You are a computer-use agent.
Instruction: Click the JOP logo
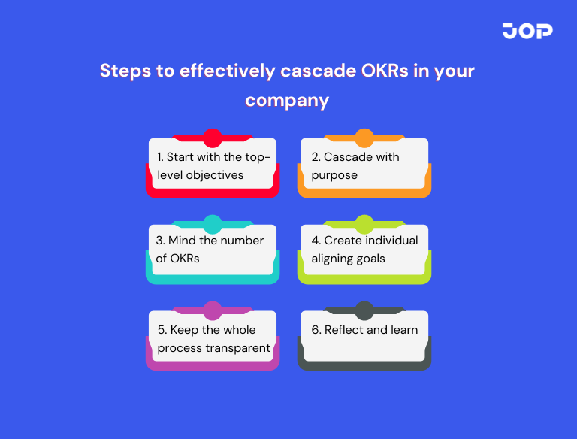527,31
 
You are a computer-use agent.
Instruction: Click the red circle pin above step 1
213,138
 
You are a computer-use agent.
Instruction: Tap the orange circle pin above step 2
364,138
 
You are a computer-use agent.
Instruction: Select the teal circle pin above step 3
213,224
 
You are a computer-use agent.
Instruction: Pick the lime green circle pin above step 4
364,224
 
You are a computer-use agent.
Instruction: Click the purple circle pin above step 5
213,310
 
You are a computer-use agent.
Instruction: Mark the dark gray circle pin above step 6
364,310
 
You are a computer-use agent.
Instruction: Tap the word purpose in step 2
334,175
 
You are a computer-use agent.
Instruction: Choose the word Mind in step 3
181,241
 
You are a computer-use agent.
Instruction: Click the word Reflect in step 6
346,330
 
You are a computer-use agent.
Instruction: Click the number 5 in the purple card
162,330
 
